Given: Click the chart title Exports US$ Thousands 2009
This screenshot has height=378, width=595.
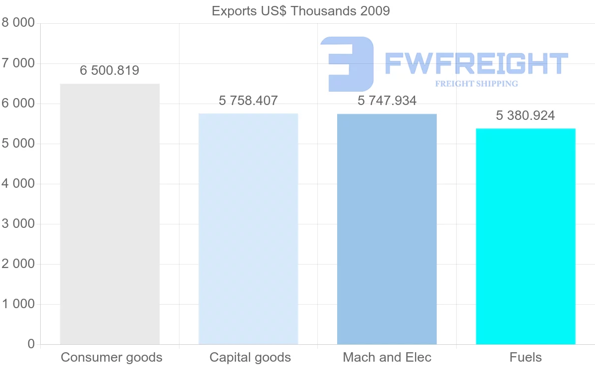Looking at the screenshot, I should point(300,10).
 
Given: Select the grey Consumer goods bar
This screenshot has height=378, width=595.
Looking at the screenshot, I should point(110,214).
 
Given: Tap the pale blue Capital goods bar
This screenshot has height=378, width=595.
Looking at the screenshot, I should point(248,229).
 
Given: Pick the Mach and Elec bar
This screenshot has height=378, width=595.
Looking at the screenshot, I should point(387,229).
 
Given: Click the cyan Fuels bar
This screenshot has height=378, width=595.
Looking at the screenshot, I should point(526,236).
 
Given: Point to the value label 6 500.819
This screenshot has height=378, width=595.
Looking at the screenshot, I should point(110,71).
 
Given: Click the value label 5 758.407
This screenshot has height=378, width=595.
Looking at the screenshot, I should point(248,101).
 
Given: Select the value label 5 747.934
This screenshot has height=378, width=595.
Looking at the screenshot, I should point(387,101).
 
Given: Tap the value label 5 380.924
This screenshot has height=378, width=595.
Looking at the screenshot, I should point(526,115).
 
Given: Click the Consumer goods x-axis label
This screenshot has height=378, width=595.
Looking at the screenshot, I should point(112,357).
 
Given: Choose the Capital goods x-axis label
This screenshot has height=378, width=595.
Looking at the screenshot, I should point(250,357).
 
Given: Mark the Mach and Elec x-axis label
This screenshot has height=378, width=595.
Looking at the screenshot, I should point(387,357).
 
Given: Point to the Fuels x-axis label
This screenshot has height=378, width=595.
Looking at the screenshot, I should point(526,357).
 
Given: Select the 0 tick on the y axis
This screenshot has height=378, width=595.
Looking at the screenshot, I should point(31,344).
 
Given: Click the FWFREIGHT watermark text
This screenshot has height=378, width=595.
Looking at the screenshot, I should point(476,63).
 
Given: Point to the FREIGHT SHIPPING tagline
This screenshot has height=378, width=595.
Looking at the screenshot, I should point(476,84).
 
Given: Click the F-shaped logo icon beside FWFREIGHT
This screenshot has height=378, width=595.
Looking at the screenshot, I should point(348,63).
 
